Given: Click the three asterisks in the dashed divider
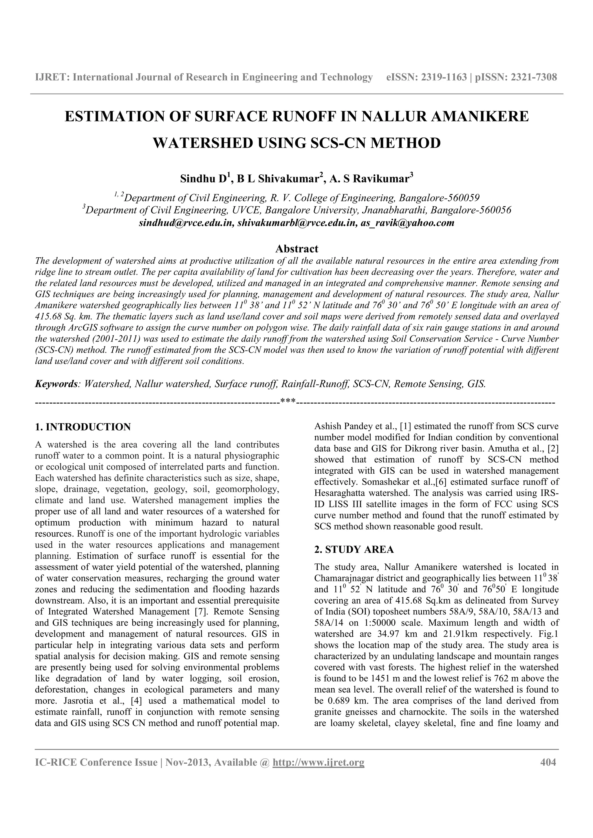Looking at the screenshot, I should (x=288, y=402).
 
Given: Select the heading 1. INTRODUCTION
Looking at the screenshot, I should (x=83, y=427).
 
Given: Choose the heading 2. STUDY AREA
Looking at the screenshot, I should (x=354, y=549).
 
